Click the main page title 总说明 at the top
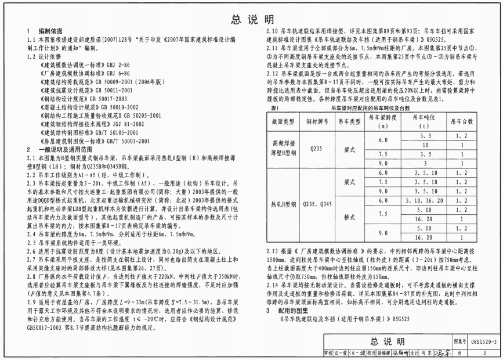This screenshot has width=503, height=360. pyautogui.click(x=252, y=19)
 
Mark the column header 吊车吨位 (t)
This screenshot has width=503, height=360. pyautogui.click(x=422, y=121)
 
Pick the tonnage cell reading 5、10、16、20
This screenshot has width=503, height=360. pyautogui.click(x=422, y=200)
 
